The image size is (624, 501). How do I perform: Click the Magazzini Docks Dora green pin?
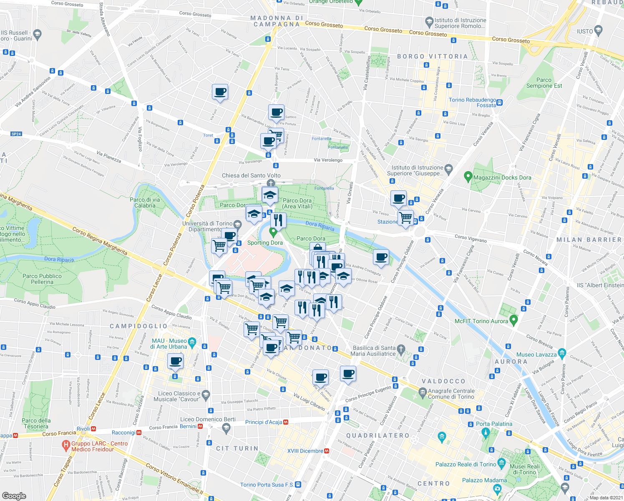coord(468,177)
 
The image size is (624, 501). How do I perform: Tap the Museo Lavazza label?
coord(536,355)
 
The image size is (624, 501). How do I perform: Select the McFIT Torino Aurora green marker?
coord(514,321)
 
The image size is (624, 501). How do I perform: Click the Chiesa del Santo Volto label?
coord(251,176)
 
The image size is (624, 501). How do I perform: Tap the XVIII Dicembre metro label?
coord(305,451)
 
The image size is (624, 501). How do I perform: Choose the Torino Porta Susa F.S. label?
coord(267,485)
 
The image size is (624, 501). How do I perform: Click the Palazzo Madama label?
coord(484,481)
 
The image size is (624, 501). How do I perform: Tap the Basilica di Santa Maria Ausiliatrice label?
coord(374,351)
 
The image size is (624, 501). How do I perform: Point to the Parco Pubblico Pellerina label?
coord(42,279)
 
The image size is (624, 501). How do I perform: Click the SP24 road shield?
coord(16,134)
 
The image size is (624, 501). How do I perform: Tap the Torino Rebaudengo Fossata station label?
coord(472,103)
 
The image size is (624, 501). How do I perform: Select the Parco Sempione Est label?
coord(544,83)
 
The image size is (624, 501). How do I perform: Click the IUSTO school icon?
coord(599,30)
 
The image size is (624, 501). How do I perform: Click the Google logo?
coord(14,496)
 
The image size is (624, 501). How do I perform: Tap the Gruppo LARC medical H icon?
coord(65,446)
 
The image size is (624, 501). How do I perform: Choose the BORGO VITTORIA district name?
coord(432,56)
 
